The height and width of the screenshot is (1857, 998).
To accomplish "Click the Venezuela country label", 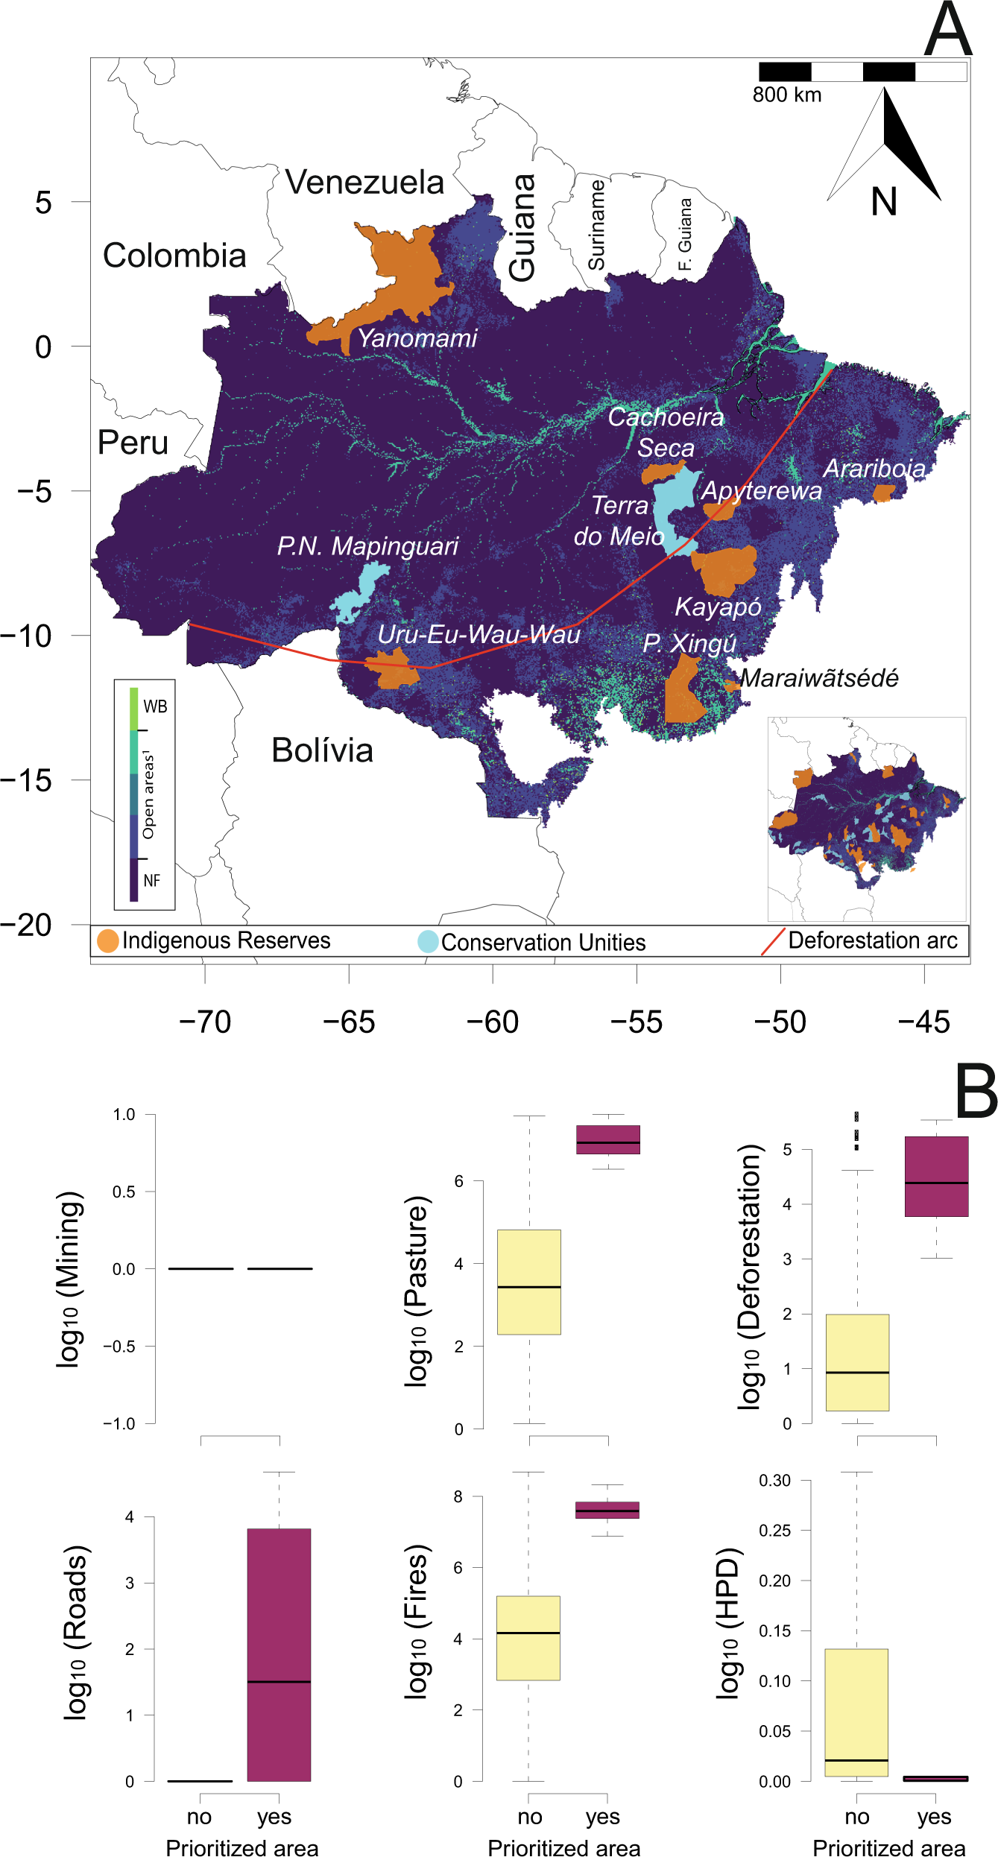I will [x=364, y=183].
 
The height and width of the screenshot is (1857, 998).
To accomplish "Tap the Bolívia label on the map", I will [x=322, y=750].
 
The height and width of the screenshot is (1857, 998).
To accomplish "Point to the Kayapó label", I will [x=718, y=607].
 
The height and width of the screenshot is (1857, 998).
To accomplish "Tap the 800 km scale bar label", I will [x=786, y=95].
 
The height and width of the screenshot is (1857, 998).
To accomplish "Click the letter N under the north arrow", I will [x=884, y=202].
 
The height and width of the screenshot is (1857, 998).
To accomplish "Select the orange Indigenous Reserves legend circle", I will [x=108, y=941].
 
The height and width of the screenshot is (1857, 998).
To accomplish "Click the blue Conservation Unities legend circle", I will [x=428, y=942].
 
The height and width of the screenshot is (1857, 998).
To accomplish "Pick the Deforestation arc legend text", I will [x=872, y=940].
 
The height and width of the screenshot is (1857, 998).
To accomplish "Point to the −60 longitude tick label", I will [x=493, y=1022].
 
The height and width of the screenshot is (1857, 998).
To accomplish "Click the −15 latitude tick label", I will [x=27, y=781].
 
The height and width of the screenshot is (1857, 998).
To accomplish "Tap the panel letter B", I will [x=975, y=1091].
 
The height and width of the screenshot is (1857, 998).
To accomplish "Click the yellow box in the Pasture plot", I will [x=528, y=1282].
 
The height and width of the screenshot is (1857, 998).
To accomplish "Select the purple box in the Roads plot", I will [x=279, y=1654].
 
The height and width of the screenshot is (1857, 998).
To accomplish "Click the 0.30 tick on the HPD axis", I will [x=774, y=1480].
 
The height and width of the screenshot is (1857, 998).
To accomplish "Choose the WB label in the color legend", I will [x=155, y=706].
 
